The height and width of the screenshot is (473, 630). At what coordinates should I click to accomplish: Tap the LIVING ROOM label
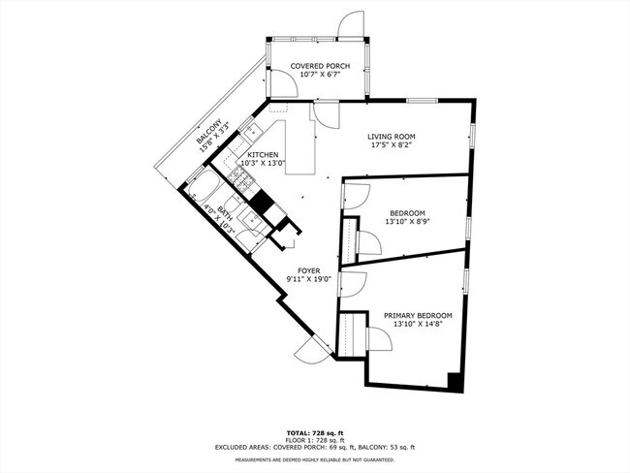[392, 137]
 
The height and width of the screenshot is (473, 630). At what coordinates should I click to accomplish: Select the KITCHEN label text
[263, 155]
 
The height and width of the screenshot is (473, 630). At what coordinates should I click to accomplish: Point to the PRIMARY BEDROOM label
[418, 316]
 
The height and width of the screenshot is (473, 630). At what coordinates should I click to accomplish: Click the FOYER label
[308, 270]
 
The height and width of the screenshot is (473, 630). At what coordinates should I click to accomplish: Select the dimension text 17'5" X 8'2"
[392, 147]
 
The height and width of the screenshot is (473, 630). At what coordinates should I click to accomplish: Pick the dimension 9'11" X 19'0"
[308, 280]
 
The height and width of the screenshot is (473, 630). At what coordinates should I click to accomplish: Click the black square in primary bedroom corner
[454, 379]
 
